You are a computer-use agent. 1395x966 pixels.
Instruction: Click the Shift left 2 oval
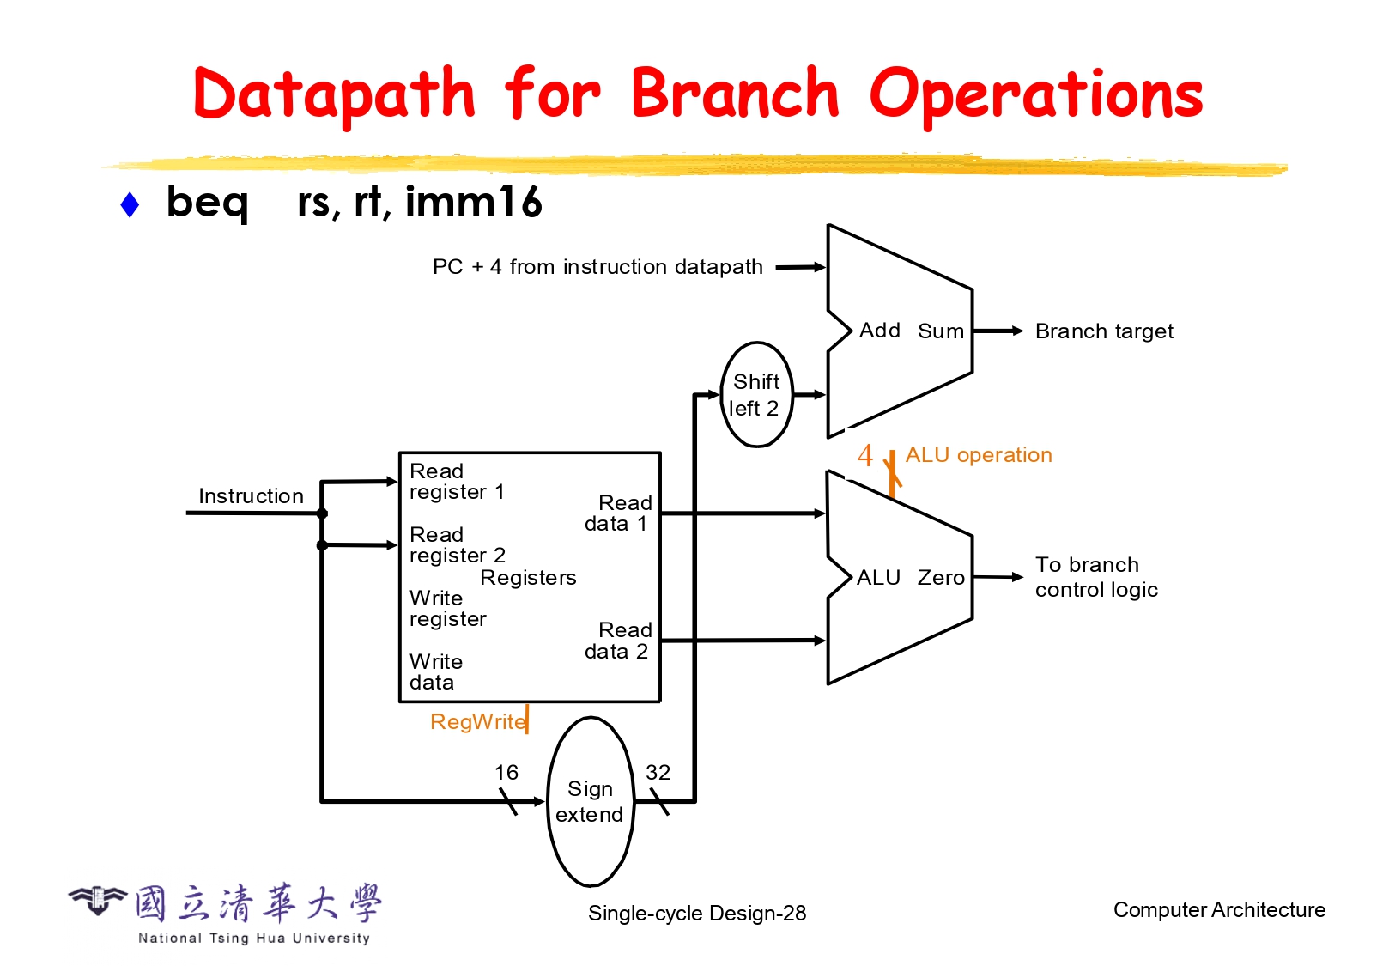tap(755, 394)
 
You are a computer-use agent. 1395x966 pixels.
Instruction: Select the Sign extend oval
tap(590, 801)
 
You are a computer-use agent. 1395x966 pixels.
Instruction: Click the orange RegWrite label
tap(477, 721)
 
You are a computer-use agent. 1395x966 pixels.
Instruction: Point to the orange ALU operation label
tap(979, 454)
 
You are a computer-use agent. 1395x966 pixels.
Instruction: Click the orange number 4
tap(865, 455)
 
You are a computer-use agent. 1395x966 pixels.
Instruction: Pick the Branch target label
tap(1104, 331)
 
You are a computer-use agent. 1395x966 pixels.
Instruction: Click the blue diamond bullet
tap(130, 204)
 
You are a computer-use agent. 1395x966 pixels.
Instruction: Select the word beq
tap(208, 204)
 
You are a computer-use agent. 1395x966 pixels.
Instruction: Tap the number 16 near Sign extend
tap(506, 772)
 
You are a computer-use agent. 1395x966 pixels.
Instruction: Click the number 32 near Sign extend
tap(658, 772)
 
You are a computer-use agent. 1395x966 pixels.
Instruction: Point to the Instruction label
tap(251, 495)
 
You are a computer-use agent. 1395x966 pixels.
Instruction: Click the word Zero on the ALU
tap(941, 578)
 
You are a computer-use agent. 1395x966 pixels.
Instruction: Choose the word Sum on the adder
tap(941, 331)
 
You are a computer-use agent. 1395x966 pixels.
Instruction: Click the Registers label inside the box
tap(528, 578)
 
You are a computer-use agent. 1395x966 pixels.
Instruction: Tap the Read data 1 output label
tap(618, 513)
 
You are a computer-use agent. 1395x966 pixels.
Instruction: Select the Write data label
tap(436, 671)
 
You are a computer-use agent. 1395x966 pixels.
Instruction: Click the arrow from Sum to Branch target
tap(998, 331)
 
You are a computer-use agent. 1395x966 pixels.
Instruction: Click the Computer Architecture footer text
tap(1219, 909)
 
